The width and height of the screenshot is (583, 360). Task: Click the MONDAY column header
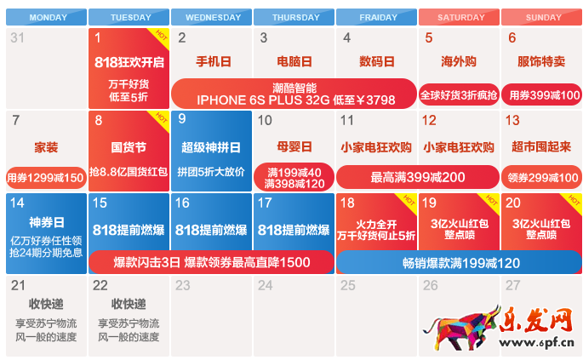(x=48, y=17)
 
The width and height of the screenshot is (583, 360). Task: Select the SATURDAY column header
(x=460, y=17)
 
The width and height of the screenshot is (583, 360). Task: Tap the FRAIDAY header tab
(x=378, y=17)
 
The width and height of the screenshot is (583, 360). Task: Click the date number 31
(x=17, y=37)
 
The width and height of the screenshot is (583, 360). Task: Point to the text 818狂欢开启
(x=129, y=62)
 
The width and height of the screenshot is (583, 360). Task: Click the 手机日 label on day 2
(x=213, y=62)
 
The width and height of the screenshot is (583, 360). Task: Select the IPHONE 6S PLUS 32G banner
(x=294, y=94)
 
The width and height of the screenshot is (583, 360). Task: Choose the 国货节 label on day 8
(x=129, y=146)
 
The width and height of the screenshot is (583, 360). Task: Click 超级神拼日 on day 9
(x=211, y=146)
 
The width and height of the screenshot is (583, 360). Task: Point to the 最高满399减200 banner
(x=417, y=178)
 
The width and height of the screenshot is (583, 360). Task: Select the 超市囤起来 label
(x=540, y=146)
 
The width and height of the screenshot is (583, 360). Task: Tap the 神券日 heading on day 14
(x=48, y=222)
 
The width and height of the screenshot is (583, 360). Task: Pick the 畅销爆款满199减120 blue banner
(x=460, y=263)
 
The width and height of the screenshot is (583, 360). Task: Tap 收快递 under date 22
(x=129, y=304)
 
